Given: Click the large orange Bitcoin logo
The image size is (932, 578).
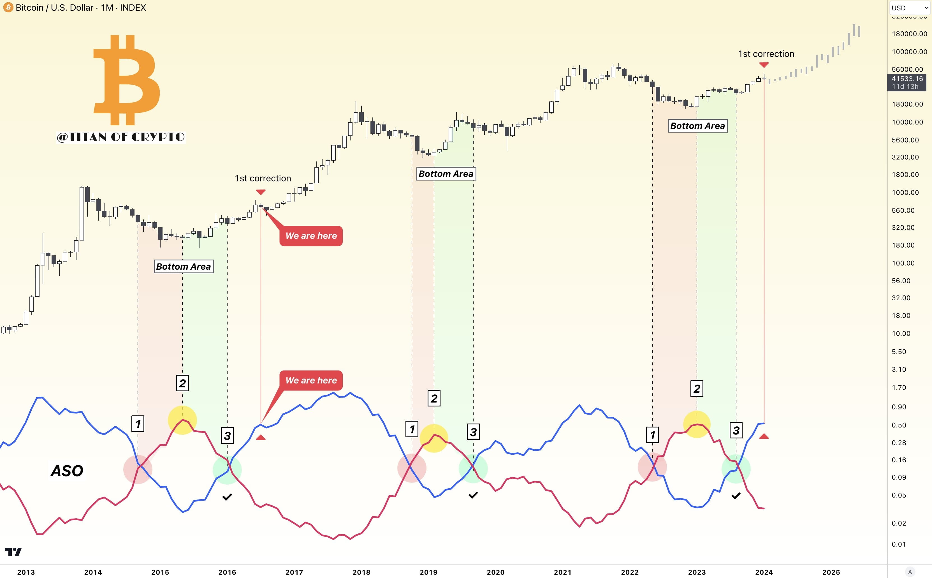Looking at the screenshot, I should point(126,80).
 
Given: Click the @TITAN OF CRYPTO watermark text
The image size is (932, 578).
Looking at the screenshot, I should point(121,137).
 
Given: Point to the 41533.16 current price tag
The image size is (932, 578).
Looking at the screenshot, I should point(907,82).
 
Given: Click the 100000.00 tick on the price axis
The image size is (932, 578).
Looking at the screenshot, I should point(909,52).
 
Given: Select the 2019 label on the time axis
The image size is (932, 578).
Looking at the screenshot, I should point(428,572).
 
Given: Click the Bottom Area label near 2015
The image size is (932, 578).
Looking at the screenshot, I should point(184,267).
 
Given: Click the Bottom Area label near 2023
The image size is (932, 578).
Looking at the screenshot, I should point(697,126).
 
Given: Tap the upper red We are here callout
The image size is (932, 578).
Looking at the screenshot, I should point(311,236).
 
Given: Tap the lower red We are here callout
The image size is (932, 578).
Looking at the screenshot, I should point(311,380).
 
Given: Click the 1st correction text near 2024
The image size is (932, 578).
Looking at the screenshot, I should point(766,54).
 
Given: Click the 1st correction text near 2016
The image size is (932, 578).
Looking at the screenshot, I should point(263,178).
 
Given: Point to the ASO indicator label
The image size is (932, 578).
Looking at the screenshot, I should point(67,471).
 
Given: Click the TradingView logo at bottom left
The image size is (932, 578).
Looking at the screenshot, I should point(13,552).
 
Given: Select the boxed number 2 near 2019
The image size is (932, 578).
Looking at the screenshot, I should point(434,398).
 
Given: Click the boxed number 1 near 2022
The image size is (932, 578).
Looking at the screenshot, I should point(652,435).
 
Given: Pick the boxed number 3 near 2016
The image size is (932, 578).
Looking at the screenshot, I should point(227,435).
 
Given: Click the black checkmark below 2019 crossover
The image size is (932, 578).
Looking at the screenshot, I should point(473,495).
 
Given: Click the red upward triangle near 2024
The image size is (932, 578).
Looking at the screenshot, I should point(764,436).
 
